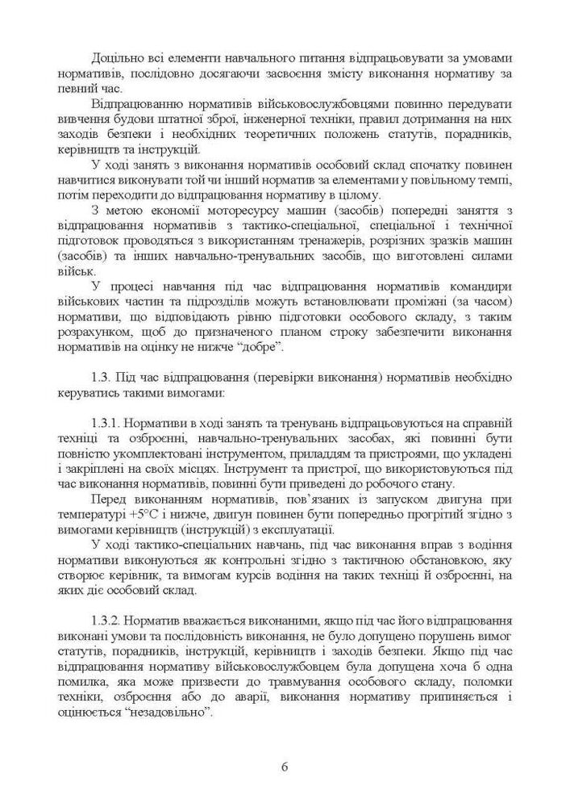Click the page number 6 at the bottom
pos(285,766)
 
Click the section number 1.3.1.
pos(110,421)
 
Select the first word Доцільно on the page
pos(117,60)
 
